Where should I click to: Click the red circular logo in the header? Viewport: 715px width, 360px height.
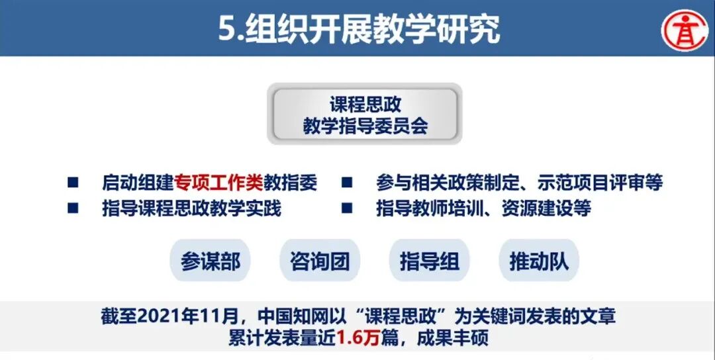point(686,29)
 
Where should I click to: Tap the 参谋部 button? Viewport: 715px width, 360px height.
point(211,261)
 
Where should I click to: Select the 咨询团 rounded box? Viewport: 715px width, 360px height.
point(320,261)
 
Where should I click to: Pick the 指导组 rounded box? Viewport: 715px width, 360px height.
point(429,261)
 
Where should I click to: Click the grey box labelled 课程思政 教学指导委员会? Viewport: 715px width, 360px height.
point(365,114)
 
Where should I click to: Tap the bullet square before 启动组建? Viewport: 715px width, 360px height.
point(73,182)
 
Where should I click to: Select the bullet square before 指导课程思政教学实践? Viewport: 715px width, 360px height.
point(73,208)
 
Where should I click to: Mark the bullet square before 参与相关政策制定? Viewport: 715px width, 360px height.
point(346,182)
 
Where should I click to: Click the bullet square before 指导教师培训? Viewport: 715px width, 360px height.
point(346,208)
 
